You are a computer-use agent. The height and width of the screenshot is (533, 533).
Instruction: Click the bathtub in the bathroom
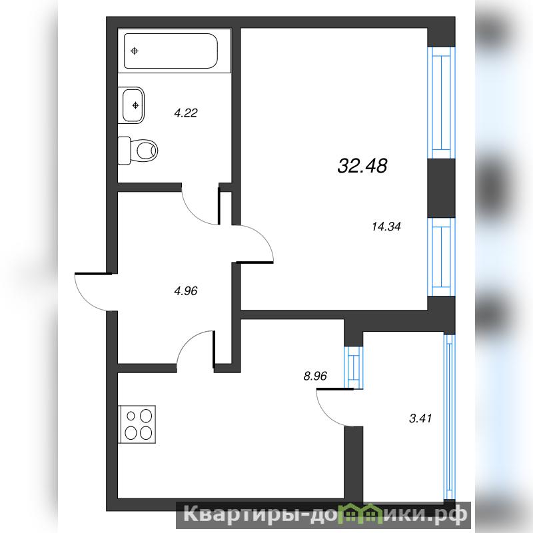click(x=171, y=51)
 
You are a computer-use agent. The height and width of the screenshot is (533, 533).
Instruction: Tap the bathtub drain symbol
click(x=135, y=51)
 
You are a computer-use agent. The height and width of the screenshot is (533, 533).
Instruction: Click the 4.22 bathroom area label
click(x=186, y=113)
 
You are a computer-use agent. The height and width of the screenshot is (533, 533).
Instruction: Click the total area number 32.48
click(x=362, y=166)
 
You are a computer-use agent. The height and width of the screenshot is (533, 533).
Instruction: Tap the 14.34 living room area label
click(x=386, y=227)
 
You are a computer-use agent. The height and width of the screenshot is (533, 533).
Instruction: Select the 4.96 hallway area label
click(x=186, y=291)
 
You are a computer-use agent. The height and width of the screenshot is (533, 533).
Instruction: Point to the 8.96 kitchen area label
click(x=315, y=376)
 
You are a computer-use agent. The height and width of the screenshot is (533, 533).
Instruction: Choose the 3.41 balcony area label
click(x=420, y=418)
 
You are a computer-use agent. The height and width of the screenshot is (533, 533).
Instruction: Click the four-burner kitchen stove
click(x=137, y=424)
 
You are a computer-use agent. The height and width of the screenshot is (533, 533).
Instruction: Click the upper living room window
click(x=441, y=103)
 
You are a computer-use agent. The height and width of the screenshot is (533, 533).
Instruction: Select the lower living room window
click(x=441, y=257)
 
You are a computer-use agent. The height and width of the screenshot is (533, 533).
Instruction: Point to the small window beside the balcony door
click(x=354, y=367)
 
